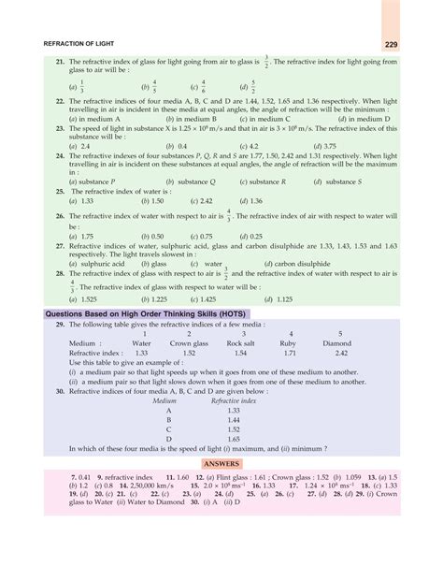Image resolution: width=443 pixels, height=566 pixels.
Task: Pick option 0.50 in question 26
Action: click(x=151, y=237)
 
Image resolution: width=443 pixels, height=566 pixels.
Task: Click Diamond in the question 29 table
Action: click(x=336, y=342)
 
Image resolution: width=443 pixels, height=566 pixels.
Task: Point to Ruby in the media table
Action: click(x=291, y=342)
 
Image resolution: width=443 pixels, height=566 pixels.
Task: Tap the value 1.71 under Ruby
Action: click(x=290, y=353)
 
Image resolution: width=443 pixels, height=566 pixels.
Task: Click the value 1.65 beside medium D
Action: click(x=233, y=438)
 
